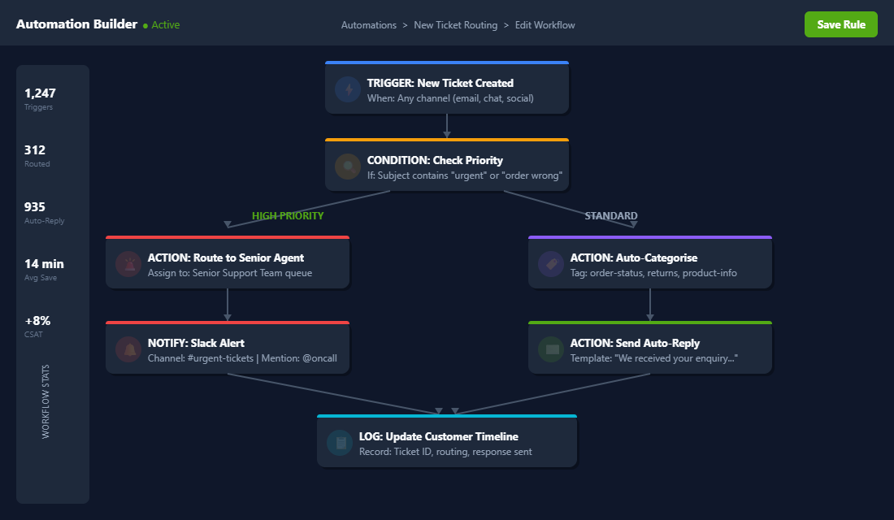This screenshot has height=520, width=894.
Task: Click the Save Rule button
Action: tap(840, 24)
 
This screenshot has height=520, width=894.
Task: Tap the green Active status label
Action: tap(165, 25)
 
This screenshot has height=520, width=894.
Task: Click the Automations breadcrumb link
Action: tap(368, 25)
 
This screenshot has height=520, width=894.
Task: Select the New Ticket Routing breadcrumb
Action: tap(455, 25)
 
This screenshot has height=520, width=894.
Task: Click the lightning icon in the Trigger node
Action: tap(348, 89)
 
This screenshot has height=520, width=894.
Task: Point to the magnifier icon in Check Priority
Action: tap(348, 167)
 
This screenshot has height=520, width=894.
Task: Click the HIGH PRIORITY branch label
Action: tap(288, 216)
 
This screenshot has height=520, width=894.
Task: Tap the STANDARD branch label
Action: tap(611, 216)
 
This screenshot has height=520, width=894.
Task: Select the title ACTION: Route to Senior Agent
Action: tap(225, 258)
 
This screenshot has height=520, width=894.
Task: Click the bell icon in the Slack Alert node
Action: tap(128, 349)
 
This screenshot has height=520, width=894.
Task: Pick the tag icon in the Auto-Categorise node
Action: tap(551, 264)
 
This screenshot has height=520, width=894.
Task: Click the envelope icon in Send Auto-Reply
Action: tap(551, 349)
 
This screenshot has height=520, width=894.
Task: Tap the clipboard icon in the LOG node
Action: tap(340, 443)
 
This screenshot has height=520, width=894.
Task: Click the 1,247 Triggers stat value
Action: tap(40, 93)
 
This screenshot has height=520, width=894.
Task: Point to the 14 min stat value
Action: tap(44, 264)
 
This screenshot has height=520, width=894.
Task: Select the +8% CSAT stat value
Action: tap(37, 321)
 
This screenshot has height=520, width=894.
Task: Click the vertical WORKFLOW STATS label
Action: tap(46, 401)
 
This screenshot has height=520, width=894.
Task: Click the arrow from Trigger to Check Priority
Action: tap(447, 126)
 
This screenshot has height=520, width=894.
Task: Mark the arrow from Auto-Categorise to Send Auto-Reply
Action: tap(650, 305)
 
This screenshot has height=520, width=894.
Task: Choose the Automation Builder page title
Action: tap(76, 24)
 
